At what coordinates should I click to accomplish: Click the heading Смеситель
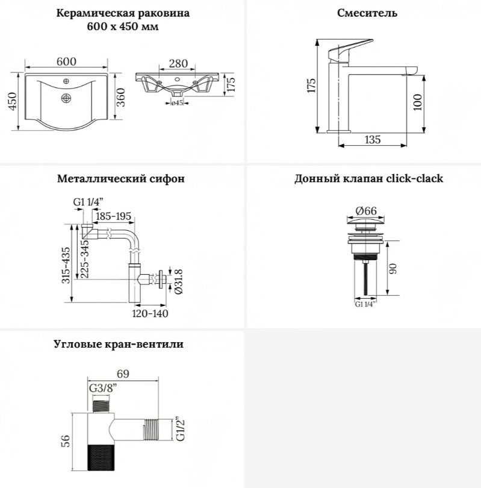coord(367,13)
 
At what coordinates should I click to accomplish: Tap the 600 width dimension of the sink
coord(66,61)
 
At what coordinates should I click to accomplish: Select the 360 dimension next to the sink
coord(120,97)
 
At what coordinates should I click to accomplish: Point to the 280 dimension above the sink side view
coord(178,63)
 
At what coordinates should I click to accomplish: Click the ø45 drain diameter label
coord(177,102)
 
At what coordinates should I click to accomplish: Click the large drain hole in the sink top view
coord(66,98)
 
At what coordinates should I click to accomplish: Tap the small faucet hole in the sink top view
coord(66,81)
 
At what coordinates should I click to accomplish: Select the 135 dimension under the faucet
coord(373,139)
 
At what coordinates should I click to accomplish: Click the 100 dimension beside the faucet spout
coord(418,102)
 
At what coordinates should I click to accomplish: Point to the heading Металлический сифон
coord(120,179)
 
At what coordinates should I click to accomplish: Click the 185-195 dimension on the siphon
coord(114,216)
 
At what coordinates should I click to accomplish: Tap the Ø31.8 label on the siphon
coord(179,282)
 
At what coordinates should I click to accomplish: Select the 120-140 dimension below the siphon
coord(150,313)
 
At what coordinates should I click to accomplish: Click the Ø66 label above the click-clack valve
coord(366,211)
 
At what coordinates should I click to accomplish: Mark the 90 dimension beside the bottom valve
coord(393,268)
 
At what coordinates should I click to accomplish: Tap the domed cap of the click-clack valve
coord(366,221)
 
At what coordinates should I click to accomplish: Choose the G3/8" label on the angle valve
coord(103,389)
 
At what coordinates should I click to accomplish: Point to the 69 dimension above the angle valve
coord(123,374)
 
